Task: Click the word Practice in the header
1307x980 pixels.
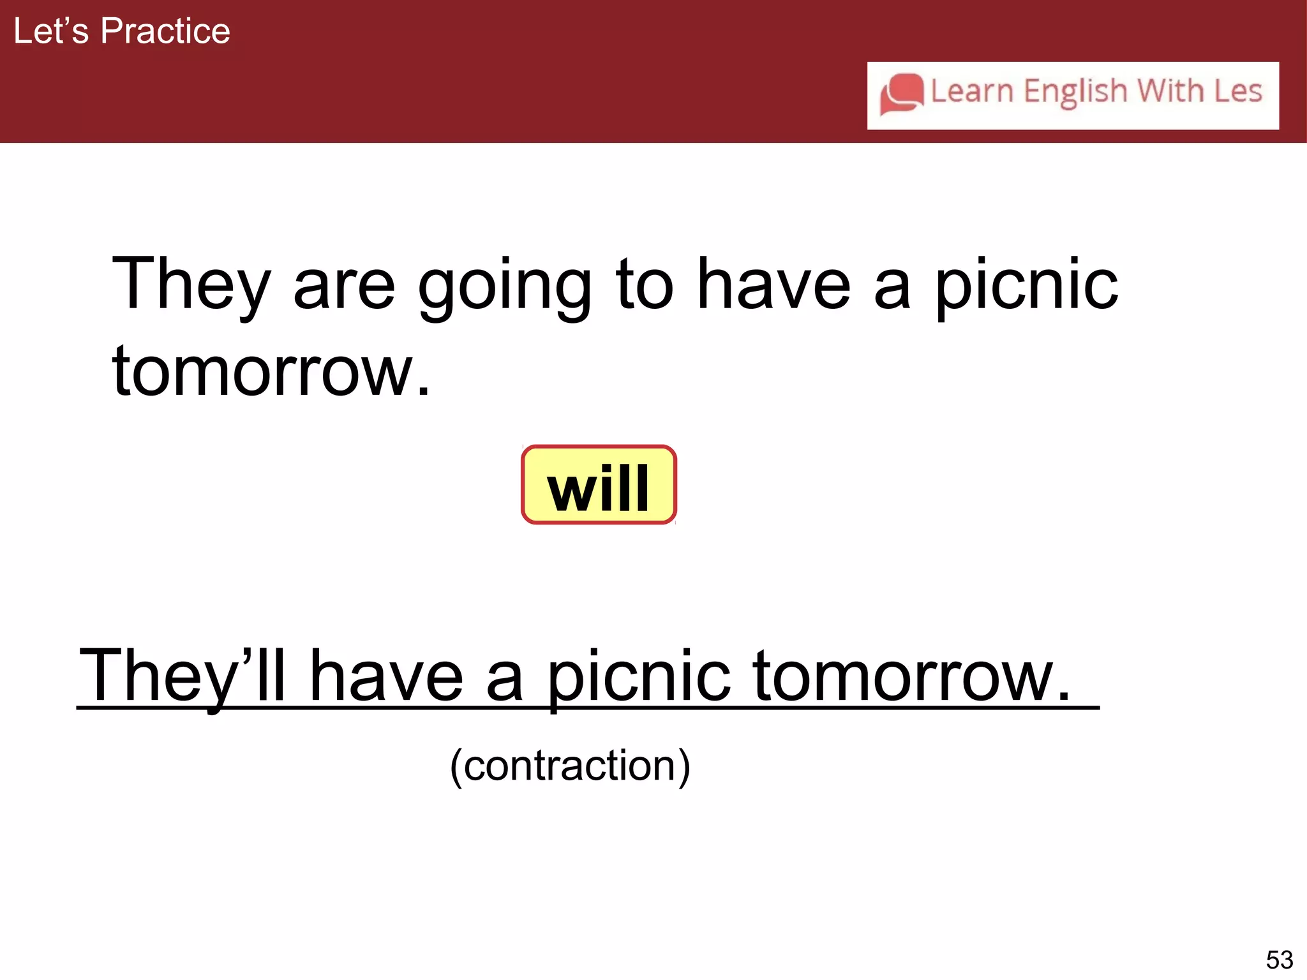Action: coord(165,31)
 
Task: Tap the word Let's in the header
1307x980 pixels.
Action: coord(50,31)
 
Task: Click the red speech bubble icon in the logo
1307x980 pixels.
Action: coord(901,94)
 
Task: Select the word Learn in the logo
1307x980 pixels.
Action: coord(972,91)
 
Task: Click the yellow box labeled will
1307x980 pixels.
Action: coord(599,486)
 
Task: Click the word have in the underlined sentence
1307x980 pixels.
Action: coord(386,676)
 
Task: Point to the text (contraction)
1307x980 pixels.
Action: coord(570,766)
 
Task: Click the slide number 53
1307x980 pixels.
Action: coord(1279,960)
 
